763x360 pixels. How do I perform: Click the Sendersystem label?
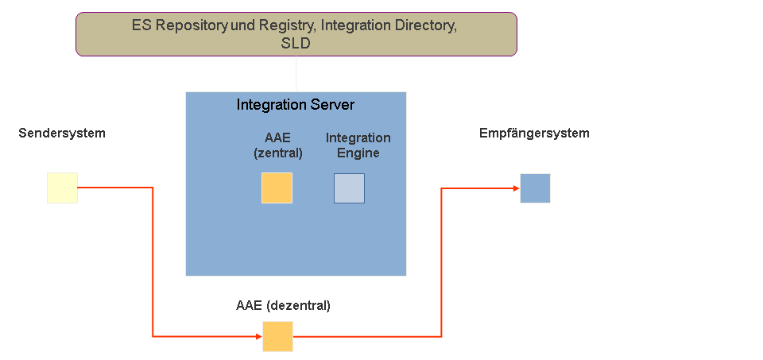point(62,134)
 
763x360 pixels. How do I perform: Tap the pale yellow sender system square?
point(62,188)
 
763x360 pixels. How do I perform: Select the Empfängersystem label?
point(534,134)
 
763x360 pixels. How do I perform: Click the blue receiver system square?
point(535,188)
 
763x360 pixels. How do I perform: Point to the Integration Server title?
point(296,105)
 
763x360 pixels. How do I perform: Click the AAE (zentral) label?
point(278,145)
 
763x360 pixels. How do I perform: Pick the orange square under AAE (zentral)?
point(277,188)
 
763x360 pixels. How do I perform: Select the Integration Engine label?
point(358,145)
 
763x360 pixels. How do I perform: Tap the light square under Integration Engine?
point(349,188)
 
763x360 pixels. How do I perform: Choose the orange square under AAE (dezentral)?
point(277,336)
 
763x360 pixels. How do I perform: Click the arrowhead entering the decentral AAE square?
point(258,336)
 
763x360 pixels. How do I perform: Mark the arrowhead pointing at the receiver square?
point(516,188)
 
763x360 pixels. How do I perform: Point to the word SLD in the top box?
point(296,44)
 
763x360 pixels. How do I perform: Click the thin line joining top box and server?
point(296,74)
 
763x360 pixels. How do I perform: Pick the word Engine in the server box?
point(358,153)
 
